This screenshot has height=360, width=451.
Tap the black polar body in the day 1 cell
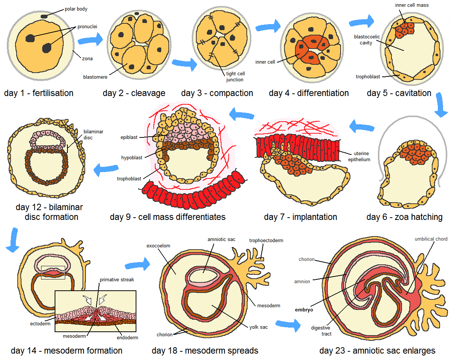click(x=44, y=16)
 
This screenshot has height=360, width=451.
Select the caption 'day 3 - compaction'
click(x=217, y=93)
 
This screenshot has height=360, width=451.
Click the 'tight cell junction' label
click(x=235, y=76)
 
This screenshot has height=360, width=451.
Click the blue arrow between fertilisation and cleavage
click(x=90, y=39)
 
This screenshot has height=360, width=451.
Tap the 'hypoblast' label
click(x=132, y=158)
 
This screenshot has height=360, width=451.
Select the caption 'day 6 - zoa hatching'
click(x=404, y=217)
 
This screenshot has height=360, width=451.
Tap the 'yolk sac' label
click(x=258, y=327)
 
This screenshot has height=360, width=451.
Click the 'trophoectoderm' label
click(x=266, y=240)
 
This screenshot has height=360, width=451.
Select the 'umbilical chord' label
click(x=431, y=239)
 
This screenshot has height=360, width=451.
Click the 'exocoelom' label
click(x=158, y=246)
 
